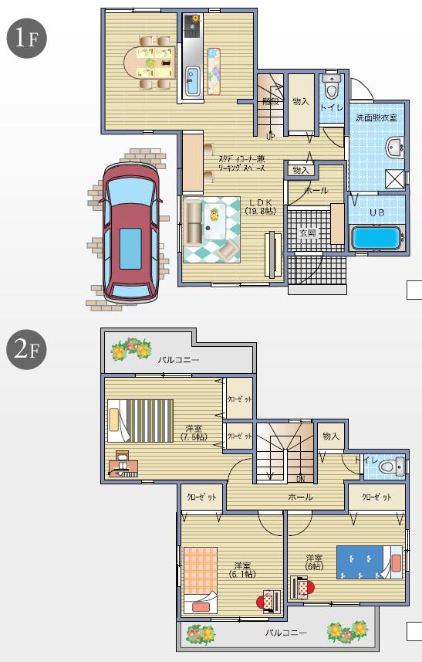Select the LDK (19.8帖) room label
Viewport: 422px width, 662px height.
point(261,206)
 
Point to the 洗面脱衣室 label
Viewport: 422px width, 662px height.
point(376,117)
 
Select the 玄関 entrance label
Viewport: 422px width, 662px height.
point(307,233)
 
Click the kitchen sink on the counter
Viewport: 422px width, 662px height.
point(193,80)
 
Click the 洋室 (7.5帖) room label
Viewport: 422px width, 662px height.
point(194,433)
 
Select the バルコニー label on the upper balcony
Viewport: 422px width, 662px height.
point(178,360)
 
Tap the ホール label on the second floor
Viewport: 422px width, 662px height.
point(301,497)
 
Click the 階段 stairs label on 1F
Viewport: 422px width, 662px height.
point(269,100)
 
